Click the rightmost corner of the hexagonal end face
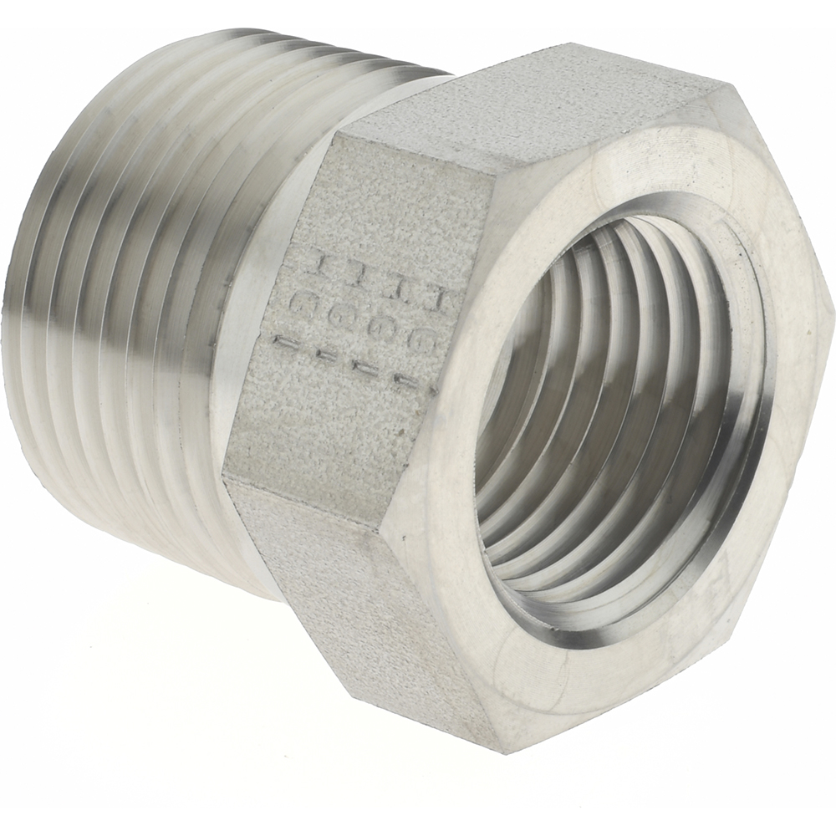tap(831, 301)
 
